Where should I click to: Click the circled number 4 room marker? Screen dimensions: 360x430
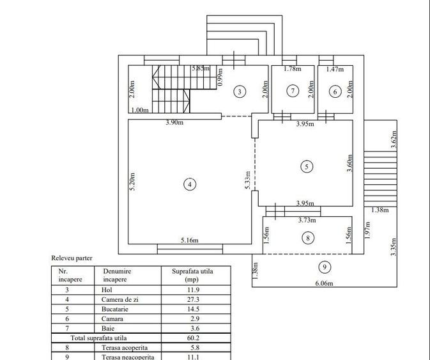189,184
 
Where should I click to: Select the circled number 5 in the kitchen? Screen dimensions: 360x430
306,166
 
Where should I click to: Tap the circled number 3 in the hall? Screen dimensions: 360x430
239,91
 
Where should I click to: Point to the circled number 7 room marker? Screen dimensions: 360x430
292,91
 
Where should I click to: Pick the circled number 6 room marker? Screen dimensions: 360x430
335,91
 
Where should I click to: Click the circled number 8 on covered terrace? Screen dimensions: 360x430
308,238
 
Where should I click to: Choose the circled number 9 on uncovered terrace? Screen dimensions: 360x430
325,267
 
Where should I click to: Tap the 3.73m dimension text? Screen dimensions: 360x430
307,220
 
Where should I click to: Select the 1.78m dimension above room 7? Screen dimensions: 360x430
292,69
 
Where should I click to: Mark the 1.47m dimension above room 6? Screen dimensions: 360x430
335,69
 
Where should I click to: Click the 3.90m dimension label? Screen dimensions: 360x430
174,122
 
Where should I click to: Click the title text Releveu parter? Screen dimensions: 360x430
72,258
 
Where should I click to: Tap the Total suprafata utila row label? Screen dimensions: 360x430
98,338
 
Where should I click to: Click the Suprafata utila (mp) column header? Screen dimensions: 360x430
192,275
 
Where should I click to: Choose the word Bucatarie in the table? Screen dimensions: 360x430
115,309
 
